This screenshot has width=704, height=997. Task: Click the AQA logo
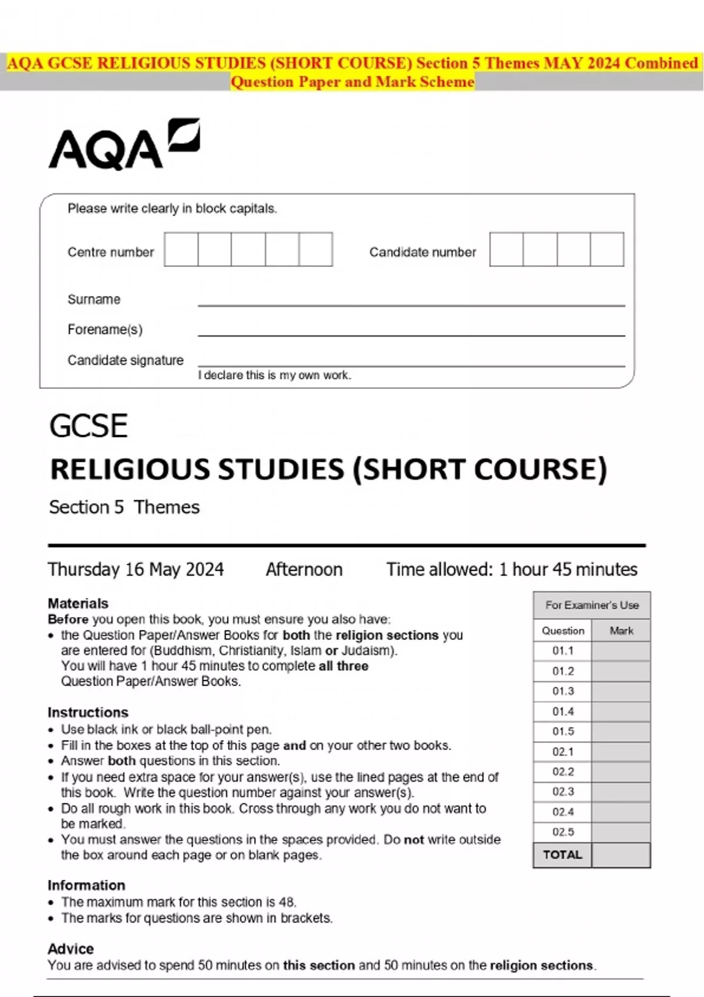coord(124,144)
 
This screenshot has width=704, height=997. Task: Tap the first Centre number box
coord(181,249)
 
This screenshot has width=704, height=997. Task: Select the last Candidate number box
coord(607,249)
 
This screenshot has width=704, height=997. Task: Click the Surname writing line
coord(411,304)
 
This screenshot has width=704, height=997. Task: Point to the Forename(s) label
coord(105,330)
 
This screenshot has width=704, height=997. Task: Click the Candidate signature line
coord(411,364)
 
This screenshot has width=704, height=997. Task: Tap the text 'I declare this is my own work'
coord(274,375)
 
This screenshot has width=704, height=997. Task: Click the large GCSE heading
coord(89,426)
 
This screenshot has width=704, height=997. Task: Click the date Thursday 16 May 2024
coord(136,569)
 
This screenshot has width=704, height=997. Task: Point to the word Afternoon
coord(304,569)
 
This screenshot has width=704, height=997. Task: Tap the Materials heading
coord(78,603)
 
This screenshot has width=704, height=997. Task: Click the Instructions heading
coord(88,713)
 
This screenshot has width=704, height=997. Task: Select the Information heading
coord(86,886)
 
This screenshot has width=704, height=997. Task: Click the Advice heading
coord(70,949)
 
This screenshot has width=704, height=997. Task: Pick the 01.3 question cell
coord(563,691)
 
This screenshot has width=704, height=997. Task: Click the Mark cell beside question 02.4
coord(621,812)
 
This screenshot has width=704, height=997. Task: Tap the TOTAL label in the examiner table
coord(563,855)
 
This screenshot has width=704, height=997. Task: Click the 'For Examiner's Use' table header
coord(591,605)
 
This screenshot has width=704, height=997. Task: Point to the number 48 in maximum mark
coord(287,902)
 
